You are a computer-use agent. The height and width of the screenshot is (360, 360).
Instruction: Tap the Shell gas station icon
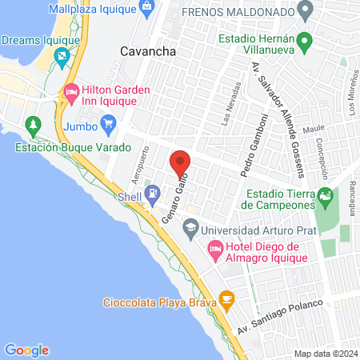pyautogui.click(x=152, y=194)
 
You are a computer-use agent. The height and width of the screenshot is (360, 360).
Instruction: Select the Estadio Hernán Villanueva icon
pyautogui.click(x=304, y=40)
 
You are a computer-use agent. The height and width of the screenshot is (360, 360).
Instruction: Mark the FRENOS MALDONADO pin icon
pyautogui.click(x=304, y=12)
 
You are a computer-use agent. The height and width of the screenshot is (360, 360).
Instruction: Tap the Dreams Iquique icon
pyautogui.click(x=62, y=55)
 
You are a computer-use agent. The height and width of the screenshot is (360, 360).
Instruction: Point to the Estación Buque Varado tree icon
pyautogui.click(x=33, y=126)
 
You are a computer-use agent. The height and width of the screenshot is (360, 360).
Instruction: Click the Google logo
pyautogui.click(x=26, y=350)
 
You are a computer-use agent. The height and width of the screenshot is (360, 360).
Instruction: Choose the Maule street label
pyautogui.click(x=314, y=129)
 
